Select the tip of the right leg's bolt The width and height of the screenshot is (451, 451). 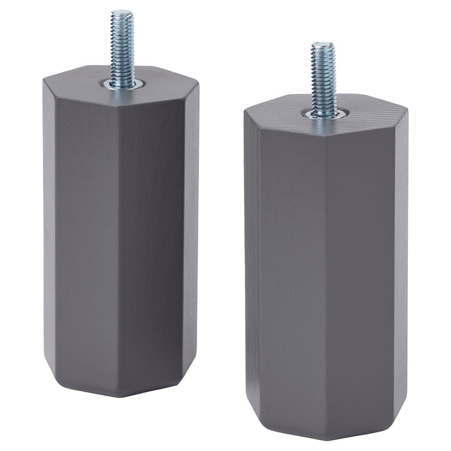[323, 46]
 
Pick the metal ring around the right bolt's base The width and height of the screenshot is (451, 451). [325, 114]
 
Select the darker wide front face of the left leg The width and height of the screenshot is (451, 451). [152, 232]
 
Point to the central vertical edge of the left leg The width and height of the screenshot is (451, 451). [120, 232]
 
